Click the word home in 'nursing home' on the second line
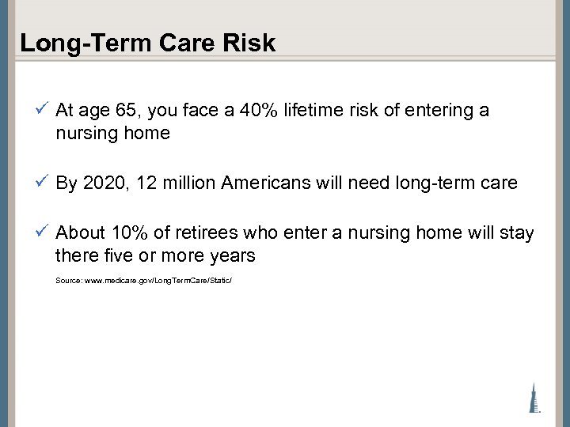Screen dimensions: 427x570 tap(146, 133)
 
